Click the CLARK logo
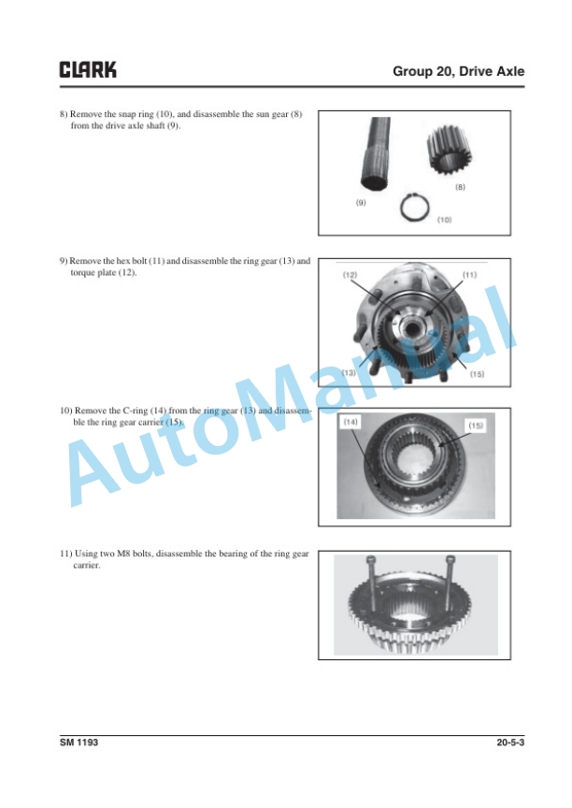click(x=88, y=69)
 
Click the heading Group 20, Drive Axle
click(x=458, y=71)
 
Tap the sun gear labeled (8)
click(x=448, y=150)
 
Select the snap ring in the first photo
click(x=415, y=208)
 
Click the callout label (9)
click(x=361, y=203)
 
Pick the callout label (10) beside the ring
click(x=444, y=220)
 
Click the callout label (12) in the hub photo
click(x=350, y=275)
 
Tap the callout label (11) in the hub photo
click(x=469, y=275)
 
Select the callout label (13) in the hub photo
click(x=349, y=372)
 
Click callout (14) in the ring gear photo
click(x=350, y=422)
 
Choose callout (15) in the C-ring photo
click(x=476, y=426)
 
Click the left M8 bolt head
click(x=370, y=558)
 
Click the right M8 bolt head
click(x=451, y=558)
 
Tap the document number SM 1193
click(x=79, y=742)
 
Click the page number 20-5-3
click(x=510, y=742)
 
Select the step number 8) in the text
click(x=64, y=114)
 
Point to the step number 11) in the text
click(x=66, y=554)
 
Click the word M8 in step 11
click(x=123, y=554)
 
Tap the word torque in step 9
click(x=81, y=272)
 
